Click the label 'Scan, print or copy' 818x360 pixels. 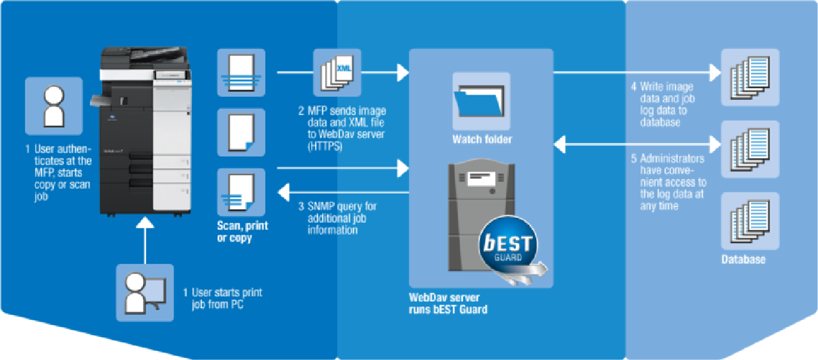242,232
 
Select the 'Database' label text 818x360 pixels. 743,260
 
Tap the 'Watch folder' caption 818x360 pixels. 482,139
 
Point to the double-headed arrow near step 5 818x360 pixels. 633,145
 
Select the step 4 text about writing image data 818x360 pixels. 668,104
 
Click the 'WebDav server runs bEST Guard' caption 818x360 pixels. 449,304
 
